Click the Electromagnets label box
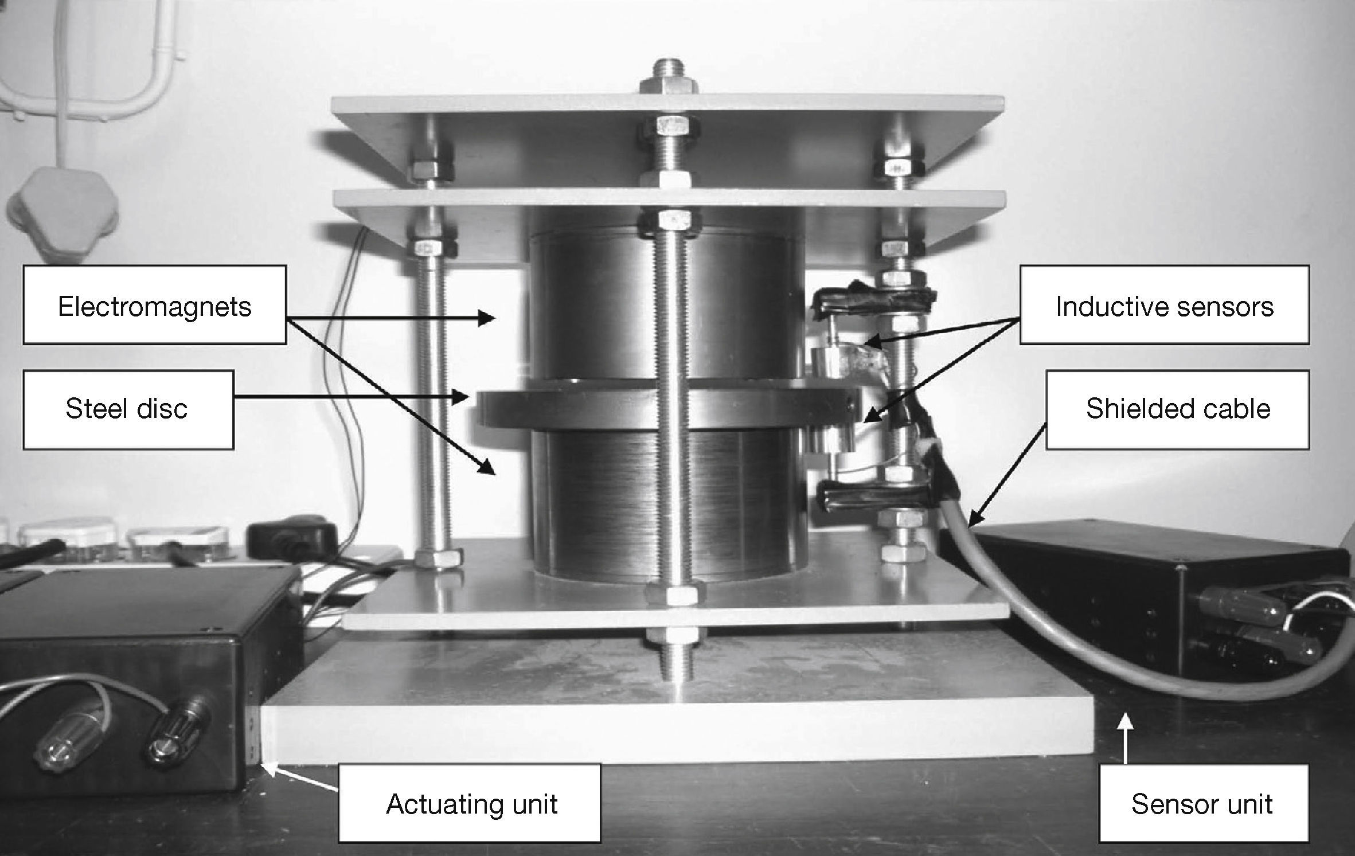click(x=154, y=304)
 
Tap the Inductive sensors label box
click(x=1164, y=304)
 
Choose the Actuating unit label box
click(x=470, y=803)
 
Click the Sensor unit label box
click(x=1204, y=803)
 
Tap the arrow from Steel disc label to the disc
click(x=350, y=396)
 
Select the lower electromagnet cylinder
click(x=602, y=505)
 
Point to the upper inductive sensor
click(x=831, y=361)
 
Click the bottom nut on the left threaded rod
click(x=438, y=558)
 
